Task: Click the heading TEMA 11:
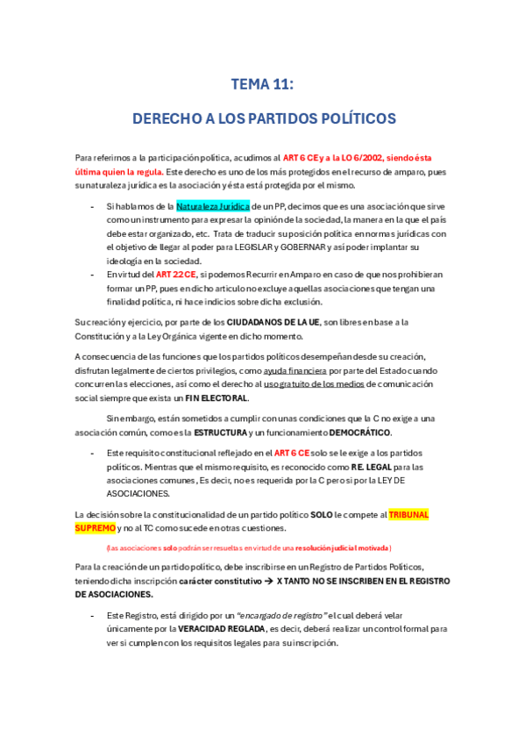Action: (262, 84)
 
